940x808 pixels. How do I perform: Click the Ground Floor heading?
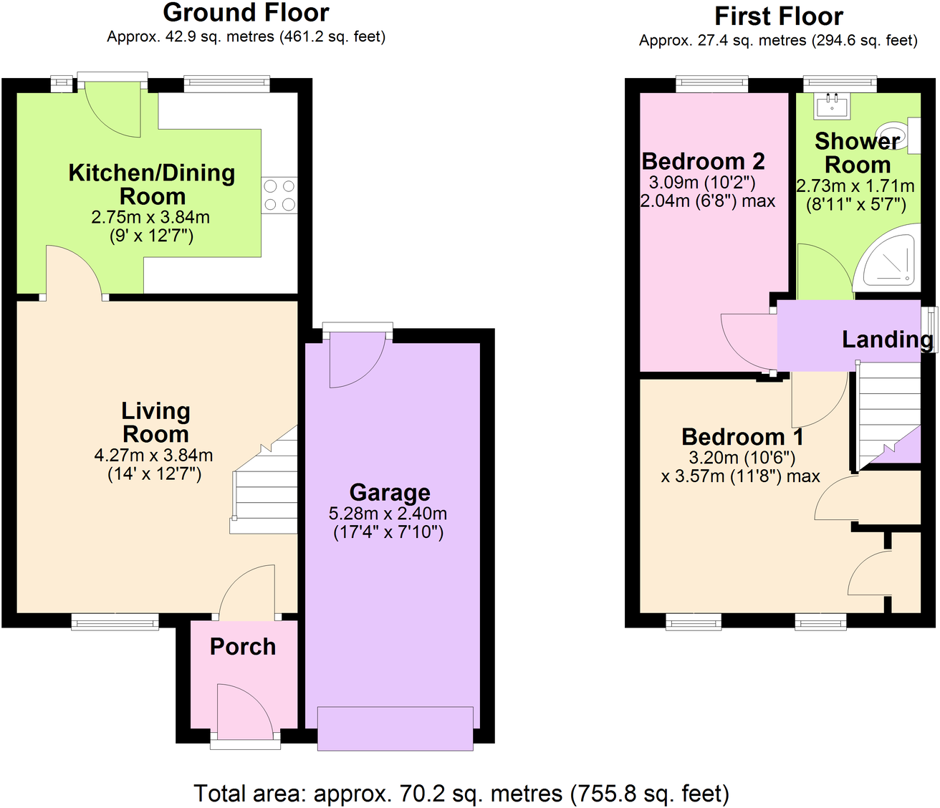tap(246, 13)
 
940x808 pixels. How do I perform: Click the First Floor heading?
tap(778, 16)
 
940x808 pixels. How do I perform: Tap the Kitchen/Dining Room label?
tap(152, 184)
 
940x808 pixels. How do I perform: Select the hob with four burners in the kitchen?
tap(279, 195)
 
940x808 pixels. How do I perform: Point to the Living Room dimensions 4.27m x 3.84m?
tap(153, 455)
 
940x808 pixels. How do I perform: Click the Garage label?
tap(390, 492)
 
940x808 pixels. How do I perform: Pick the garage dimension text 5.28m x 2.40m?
tap(388, 514)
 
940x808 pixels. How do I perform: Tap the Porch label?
tap(242, 646)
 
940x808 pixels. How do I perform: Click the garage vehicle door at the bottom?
tap(395, 728)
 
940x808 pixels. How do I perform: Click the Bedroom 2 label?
tap(703, 161)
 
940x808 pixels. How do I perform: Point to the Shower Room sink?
tap(831, 107)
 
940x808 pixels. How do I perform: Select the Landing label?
tap(887, 339)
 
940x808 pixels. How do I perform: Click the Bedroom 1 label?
tap(742, 436)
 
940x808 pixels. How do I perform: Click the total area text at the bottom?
tap(461, 793)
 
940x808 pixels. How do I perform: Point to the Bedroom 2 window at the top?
tap(711, 85)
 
